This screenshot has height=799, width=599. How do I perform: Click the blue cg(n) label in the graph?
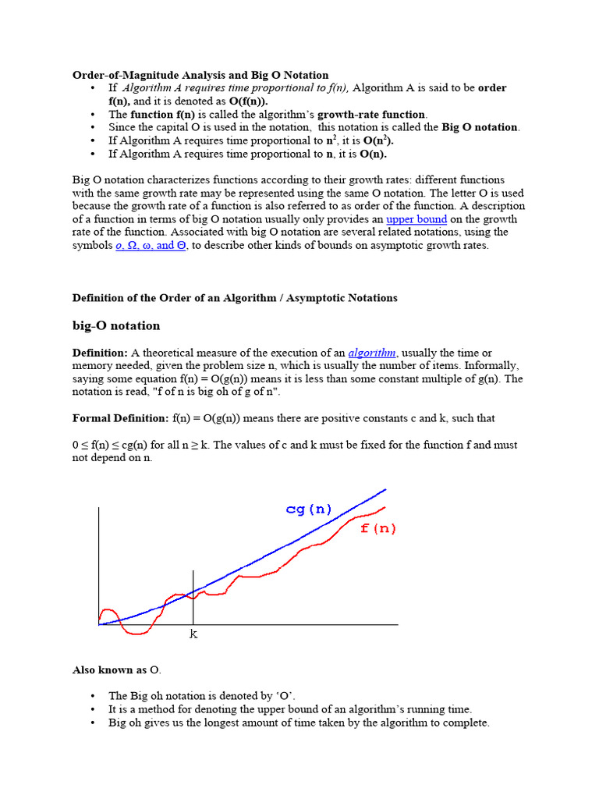[x=309, y=510]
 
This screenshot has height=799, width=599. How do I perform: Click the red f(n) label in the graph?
[x=377, y=528]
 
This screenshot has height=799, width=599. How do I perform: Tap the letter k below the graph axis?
[x=193, y=634]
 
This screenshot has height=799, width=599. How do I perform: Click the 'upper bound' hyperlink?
[x=416, y=219]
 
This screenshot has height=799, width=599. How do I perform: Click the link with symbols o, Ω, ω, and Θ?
[x=145, y=245]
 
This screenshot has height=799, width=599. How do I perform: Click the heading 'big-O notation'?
[x=116, y=325]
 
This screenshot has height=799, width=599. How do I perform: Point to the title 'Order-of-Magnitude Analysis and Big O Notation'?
[x=200, y=75]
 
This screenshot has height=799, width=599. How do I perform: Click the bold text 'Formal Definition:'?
[x=120, y=418]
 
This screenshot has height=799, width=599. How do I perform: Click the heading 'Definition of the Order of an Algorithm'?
[x=235, y=297]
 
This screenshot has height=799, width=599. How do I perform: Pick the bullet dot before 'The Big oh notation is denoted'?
[x=93, y=696]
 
